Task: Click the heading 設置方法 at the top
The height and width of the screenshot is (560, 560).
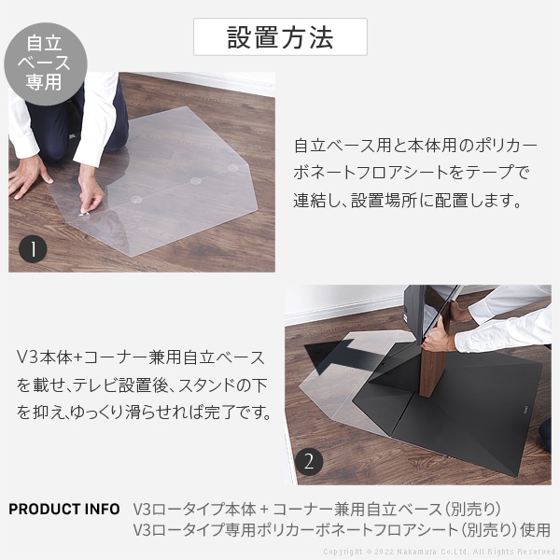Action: pos(280,37)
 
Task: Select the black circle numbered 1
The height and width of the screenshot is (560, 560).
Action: pos(34,249)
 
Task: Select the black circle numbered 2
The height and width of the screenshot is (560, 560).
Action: pos(309,461)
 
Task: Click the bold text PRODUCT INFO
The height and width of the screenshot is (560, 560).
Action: pos(63,510)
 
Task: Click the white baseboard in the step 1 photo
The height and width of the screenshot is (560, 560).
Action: pos(205,78)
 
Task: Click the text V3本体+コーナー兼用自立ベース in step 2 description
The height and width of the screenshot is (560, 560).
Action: pos(141,358)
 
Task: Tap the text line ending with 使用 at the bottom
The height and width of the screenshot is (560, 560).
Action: pos(342,530)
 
